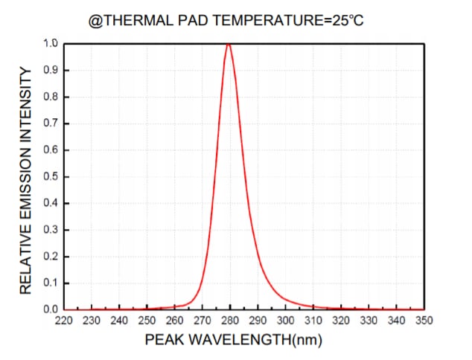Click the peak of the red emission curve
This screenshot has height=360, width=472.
point(229,44)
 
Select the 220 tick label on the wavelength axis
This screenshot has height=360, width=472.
point(63,321)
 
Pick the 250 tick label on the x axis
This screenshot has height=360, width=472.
point(147,321)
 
